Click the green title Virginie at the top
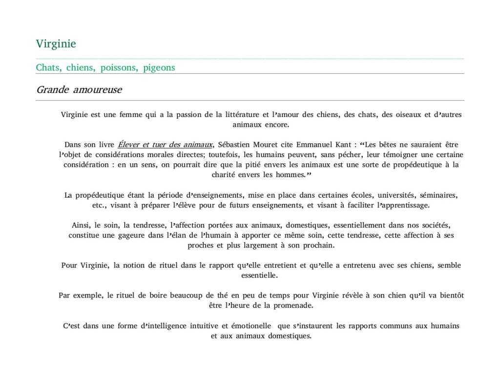click(x=56, y=44)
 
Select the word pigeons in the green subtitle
click(x=159, y=68)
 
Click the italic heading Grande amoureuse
click(x=79, y=90)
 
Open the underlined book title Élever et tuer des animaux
click(x=166, y=144)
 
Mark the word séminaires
click(x=439, y=195)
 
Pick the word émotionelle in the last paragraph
click(x=251, y=326)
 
